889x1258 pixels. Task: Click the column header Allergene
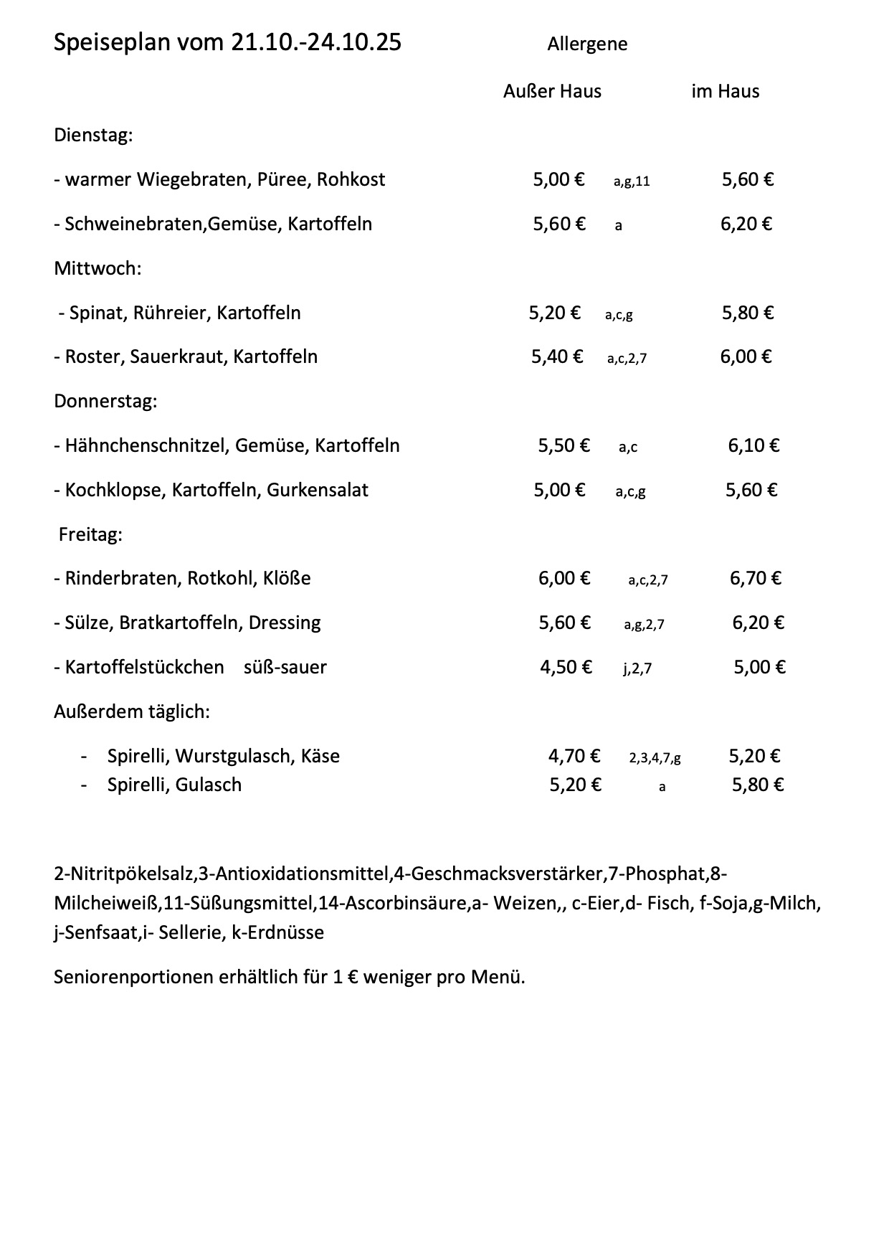[x=587, y=44]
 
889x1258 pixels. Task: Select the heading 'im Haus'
[x=725, y=92]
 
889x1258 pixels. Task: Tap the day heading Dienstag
[x=93, y=136]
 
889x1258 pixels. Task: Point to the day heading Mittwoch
[x=98, y=269]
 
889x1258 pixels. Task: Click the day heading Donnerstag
[x=105, y=402]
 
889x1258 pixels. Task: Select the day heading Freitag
[x=90, y=535]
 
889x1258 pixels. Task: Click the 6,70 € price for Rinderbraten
[x=756, y=579]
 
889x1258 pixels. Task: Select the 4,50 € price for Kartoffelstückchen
[x=566, y=668]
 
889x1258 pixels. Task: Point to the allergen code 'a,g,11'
[x=632, y=181]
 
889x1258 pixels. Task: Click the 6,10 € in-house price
[x=753, y=446]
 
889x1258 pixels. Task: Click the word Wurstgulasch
[x=234, y=757]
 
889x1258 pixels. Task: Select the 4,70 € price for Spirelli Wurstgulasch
[x=574, y=757]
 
